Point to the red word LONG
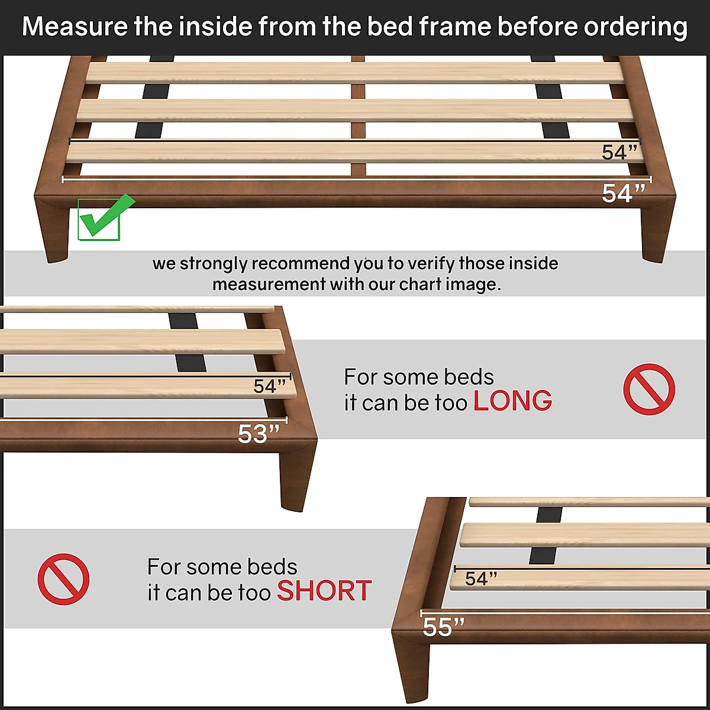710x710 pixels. tap(512, 402)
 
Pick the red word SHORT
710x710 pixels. tap(324, 591)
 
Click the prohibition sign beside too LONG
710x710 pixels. tap(648, 389)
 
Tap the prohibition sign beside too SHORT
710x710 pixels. tap(63, 579)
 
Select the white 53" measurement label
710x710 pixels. tap(259, 434)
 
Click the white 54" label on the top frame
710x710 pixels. tap(623, 193)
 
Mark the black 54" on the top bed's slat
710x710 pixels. tap(620, 152)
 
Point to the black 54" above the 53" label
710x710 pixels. tap(270, 386)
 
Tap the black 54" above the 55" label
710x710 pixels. tap(480, 578)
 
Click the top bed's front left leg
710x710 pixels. tap(55, 234)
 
